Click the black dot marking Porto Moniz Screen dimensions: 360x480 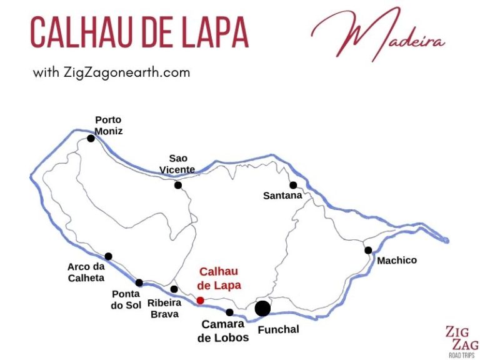point(91,138)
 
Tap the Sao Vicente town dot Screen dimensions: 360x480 point(178,185)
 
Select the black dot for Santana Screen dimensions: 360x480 point(292,185)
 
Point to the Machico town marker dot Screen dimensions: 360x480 point(369,251)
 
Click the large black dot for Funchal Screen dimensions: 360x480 point(262,308)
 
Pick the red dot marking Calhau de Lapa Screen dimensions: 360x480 point(200,301)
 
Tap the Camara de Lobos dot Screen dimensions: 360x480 point(229,312)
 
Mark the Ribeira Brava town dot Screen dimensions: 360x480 point(174,289)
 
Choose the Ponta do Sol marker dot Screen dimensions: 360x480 point(139,283)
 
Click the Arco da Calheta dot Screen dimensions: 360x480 point(109,256)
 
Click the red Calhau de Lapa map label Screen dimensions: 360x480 point(219,278)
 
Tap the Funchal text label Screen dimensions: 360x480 point(278,329)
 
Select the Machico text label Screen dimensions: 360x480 point(396,260)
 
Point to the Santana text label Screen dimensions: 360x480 point(282,196)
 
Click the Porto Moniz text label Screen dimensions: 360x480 point(108,126)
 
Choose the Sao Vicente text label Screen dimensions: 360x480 point(178,164)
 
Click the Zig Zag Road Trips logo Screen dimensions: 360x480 point(461,341)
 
